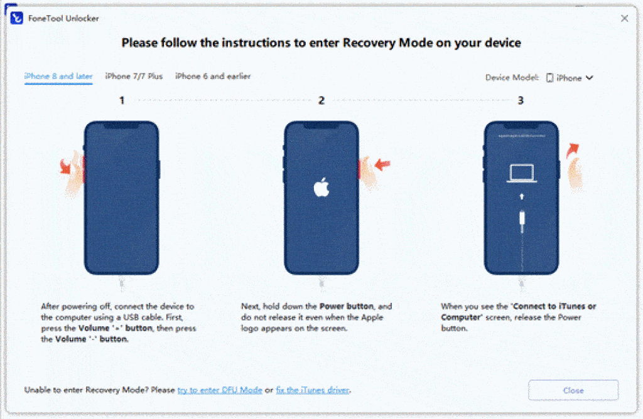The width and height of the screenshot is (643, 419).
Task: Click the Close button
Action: (573, 390)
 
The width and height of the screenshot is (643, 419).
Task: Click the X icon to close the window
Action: (624, 19)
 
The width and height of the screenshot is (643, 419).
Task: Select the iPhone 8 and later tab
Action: (58, 77)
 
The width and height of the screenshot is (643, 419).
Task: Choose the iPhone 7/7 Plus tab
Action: (134, 77)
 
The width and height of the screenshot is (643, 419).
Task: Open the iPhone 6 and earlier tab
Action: (213, 77)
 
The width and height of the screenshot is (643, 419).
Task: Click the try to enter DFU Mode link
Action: (220, 390)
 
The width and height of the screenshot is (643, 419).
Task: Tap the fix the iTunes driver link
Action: (313, 390)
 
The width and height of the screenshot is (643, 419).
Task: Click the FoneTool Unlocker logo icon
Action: (17, 18)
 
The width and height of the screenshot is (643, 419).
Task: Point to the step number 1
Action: (122, 100)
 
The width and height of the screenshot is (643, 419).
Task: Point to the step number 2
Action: (321, 100)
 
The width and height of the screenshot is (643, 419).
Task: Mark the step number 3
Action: (521, 100)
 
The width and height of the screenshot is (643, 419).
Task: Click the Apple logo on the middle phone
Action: (321, 188)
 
